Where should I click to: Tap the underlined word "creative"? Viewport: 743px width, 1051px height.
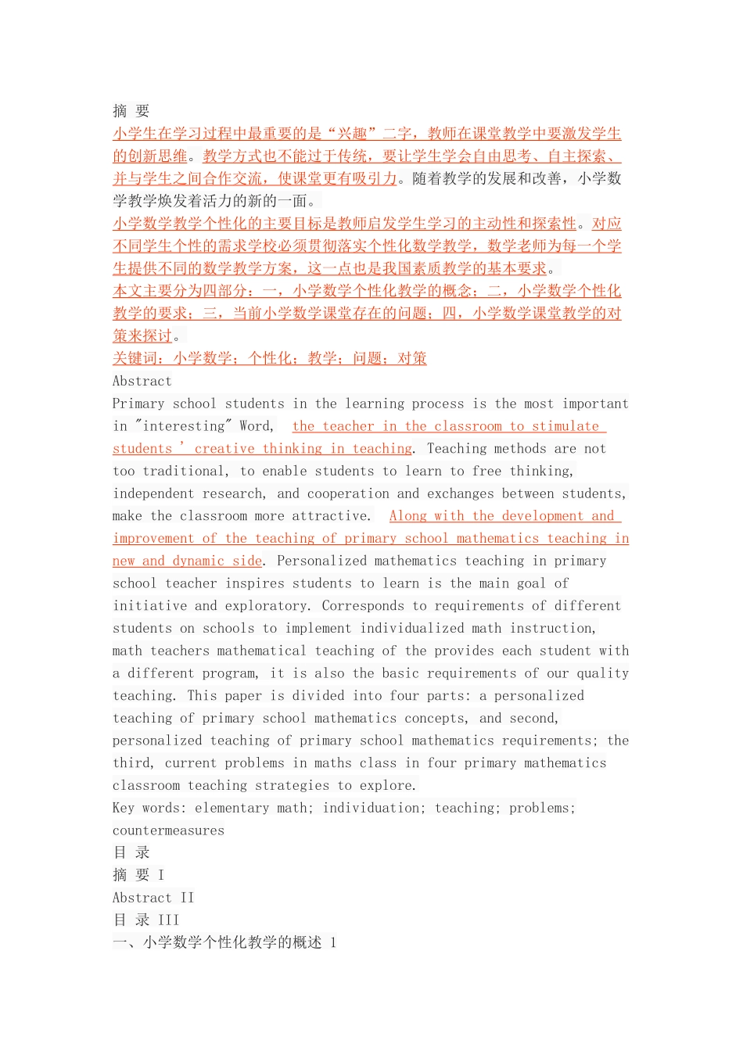[224, 449]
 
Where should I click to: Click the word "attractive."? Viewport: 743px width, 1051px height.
[332, 516]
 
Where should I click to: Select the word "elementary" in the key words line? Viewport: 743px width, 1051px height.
[232, 808]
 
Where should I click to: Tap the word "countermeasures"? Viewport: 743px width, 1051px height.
[168, 830]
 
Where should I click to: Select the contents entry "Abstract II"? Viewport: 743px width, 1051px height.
[153, 898]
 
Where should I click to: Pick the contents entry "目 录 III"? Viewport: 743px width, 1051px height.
[145, 920]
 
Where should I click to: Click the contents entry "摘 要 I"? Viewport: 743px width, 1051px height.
[138, 875]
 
